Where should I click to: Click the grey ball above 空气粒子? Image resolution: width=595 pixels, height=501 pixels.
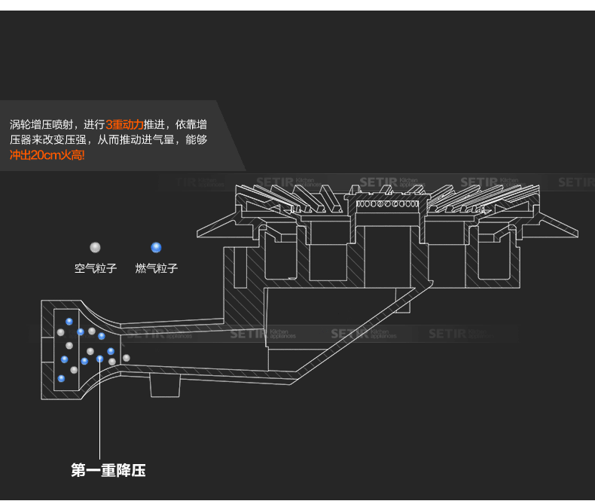pos(95,247)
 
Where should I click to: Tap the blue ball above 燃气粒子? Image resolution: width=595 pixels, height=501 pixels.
pos(156,247)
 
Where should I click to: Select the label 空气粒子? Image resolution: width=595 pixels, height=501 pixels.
pos(96,268)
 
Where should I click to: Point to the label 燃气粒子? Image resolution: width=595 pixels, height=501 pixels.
pos(157,268)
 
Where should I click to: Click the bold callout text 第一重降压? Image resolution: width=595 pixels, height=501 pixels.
pos(108,471)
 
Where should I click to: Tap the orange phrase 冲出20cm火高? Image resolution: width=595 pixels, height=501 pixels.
pos(47,155)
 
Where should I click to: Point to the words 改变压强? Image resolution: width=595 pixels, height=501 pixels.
pos(66,140)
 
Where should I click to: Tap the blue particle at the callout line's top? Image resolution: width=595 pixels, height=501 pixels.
pos(99,359)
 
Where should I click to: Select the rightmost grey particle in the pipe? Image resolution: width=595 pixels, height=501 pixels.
pos(127,357)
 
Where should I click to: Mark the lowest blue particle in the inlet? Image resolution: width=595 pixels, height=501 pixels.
pos(62,378)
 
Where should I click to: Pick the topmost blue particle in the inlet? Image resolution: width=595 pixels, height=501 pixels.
pos(69,322)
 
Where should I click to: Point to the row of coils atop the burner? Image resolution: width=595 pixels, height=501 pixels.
pos(386,203)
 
